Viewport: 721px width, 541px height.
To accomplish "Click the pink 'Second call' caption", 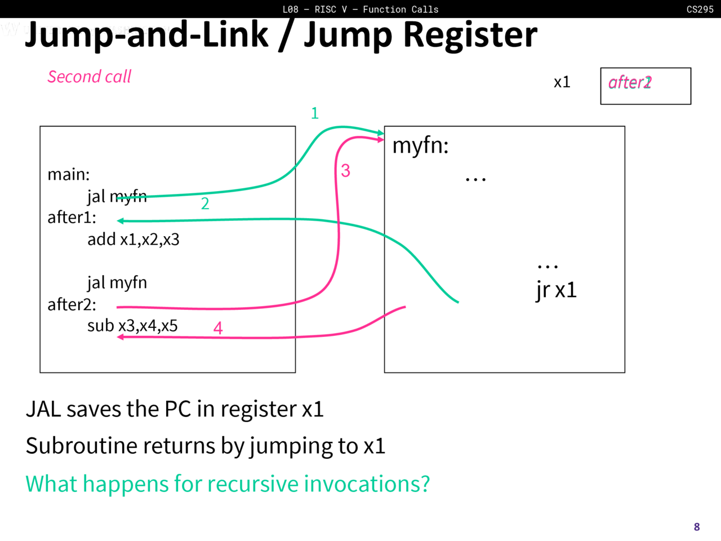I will click(x=89, y=77).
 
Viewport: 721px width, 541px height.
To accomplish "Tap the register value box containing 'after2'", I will click(x=646, y=86).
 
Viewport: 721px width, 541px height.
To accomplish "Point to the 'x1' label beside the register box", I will click(x=562, y=82).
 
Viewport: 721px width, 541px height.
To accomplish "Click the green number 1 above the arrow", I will click(x=315, y=113).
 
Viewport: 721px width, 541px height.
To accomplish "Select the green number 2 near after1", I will click(x=205, y=203).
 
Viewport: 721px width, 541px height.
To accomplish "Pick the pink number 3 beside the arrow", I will click(x=345, y=170).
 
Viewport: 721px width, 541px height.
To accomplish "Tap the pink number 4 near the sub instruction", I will click(x=218, y=328).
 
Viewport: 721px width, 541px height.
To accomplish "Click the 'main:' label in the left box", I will click(x=68, y=174).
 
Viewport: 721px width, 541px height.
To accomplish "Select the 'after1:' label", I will click(x=72, y=218).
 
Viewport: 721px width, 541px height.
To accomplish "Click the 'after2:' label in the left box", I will click(x=72, y=304).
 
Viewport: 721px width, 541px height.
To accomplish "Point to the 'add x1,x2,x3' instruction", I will click(x=133, y=240).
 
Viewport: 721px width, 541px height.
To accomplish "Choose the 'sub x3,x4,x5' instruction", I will click(x=132, y=326).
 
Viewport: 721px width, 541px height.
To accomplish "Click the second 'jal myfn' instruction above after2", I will click(x=117, y=282).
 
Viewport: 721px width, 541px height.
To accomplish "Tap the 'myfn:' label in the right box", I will click(x=420, y=145).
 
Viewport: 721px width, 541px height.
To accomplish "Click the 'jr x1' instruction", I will click(x=556, y=290).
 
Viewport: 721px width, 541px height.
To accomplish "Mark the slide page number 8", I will click(x=697, y=527).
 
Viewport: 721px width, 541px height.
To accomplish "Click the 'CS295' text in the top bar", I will click(x=700, y=9).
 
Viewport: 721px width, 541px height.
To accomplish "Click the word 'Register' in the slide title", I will click(x=470, y=35).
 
